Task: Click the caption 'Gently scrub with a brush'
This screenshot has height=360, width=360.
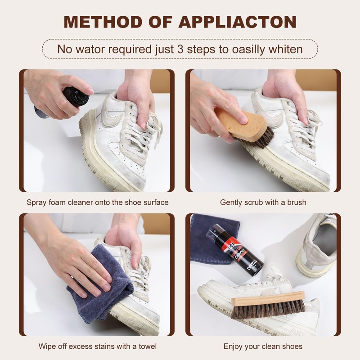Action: [x=263, y=202]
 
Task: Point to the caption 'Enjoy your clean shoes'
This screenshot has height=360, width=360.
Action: [x=263, y=346]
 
